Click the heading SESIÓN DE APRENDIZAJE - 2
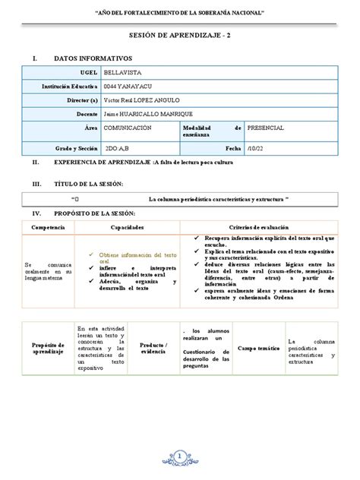[179, 45]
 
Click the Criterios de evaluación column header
[264, 228]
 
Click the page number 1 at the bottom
[180, 455]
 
